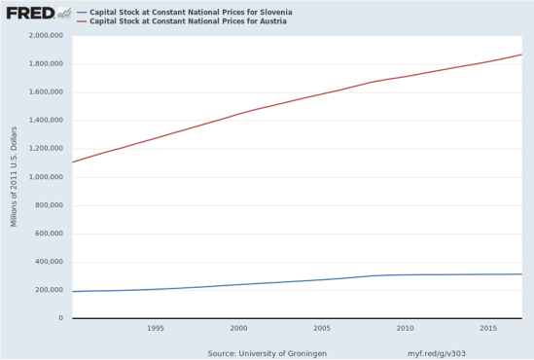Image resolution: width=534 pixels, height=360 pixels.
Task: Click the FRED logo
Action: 29,13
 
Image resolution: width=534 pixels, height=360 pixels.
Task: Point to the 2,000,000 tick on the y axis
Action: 44,36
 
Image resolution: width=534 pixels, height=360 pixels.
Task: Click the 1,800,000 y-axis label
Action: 44,64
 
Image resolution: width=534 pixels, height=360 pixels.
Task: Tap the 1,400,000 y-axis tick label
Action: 44,121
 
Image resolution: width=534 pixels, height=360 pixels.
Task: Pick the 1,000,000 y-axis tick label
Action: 44,177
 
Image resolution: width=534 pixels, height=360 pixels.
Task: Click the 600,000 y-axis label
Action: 48,234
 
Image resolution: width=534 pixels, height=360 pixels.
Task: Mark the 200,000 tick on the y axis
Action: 48,290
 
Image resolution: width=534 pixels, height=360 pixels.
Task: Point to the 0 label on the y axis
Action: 60,318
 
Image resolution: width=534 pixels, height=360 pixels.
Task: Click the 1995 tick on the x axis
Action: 155,328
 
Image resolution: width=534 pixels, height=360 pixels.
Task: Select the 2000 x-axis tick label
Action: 238,328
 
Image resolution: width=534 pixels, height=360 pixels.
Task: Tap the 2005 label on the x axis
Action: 322,328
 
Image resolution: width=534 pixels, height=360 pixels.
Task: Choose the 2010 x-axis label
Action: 406,328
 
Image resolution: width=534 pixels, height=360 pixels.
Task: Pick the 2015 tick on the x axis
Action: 489,328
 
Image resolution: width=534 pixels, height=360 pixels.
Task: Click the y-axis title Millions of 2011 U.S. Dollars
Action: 15,177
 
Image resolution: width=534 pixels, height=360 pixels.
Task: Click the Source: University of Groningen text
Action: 267,352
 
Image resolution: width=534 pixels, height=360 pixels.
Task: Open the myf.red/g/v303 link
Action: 435,352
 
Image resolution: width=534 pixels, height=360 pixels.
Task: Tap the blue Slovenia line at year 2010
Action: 406,274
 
